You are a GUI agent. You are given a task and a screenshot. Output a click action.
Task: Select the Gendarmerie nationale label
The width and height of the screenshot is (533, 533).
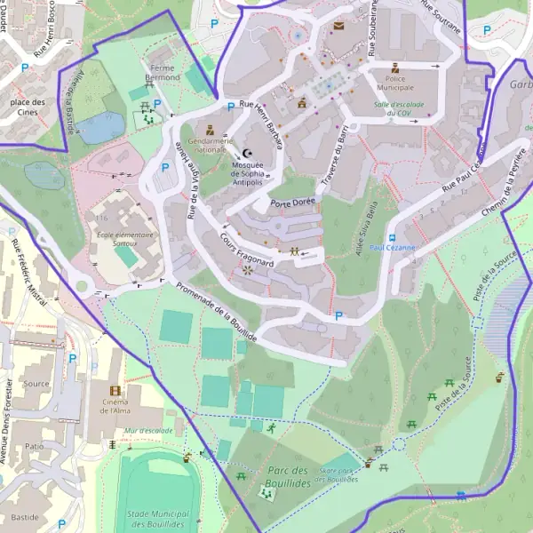point(211,145)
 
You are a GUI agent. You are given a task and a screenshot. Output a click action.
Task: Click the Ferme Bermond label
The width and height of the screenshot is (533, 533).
point(163,74)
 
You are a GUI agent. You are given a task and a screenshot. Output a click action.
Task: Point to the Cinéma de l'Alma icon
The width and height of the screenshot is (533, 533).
point(114,391)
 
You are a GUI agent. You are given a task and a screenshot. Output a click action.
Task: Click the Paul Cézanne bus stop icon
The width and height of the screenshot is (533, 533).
point(391,237)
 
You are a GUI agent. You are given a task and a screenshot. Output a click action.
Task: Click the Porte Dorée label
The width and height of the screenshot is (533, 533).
point(291,203)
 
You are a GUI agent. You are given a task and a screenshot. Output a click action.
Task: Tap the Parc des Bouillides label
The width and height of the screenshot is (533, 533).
point(287,476)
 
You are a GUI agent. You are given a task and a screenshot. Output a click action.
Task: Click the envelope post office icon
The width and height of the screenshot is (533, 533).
point(338,27)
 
